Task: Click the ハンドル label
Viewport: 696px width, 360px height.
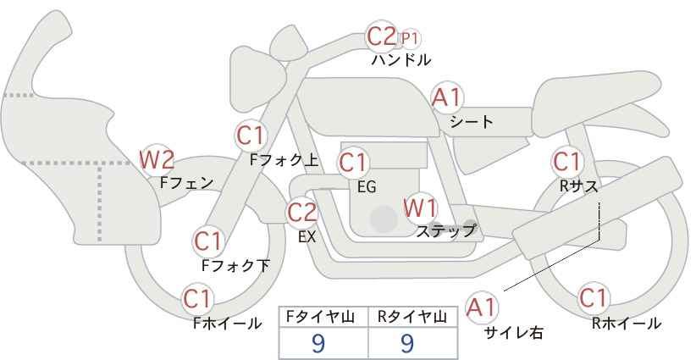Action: pyautogui.click(x=401, y=59)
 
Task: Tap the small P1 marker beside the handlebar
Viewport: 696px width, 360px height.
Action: pyautogui.click(x=409, y=39)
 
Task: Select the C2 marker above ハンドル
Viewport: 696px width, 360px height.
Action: pyautogui.click(x=381, y=36)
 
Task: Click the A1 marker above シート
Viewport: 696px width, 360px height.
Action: pyautogui.click(x=447, y=97)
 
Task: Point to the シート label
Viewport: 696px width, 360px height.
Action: pyautogui.click(x=472, y=121)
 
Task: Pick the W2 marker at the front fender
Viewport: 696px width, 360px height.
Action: pyautogui.click(x=157, y=160)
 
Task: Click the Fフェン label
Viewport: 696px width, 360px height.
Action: pyautogui.click(x=186, y=183)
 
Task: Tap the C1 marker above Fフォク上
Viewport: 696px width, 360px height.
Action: pyautogui.click(x=251, y=136)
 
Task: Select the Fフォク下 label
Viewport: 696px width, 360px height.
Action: pyautogui.click(x=235, y=265)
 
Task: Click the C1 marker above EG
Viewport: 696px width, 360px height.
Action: pyautogui.click(x=353, y=163)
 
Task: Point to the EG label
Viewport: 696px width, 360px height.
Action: pyautogui.click(x=367, y=187)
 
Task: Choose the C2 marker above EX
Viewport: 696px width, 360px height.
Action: pyautogui.click(x=301, y=213)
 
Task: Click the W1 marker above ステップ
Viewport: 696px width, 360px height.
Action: pyautogui.click(x=420, y=208)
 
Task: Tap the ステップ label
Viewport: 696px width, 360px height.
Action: pyautogui.click(x=445, y=231)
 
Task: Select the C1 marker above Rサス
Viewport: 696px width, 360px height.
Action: pyautogui.click(x=566, y=162)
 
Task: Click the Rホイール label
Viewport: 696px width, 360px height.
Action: pyautogui.click(x=627, y=324)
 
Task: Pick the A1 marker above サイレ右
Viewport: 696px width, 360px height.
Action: pyautogui.click(x=482, y=307)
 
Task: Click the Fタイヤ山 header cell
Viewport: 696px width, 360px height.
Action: pyautogui.click(x=323, y=317)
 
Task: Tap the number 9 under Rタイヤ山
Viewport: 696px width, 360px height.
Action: pyautogui.click(x=406, y=343)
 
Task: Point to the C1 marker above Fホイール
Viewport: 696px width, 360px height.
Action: pyautogui.click(x=197, y=299)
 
